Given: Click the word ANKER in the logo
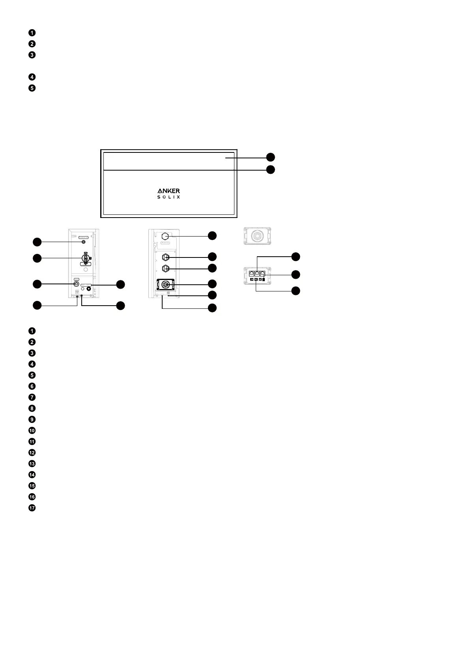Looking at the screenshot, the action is point(169,191).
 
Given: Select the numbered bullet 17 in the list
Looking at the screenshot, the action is point(32,508).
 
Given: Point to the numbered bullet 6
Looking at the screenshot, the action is point(32,386).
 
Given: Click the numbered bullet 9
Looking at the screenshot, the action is point(32,419).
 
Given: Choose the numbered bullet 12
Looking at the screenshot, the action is point(32,453).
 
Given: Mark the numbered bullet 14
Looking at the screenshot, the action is point(32,475).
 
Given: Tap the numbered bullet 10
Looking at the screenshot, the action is point(32,430).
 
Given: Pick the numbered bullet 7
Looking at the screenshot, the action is point(32,397).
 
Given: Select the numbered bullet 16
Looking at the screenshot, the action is point(32,497).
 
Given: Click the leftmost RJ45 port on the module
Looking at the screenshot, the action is point(252,273).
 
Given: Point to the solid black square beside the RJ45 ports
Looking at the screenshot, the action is point(264,279).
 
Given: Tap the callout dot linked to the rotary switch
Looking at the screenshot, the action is point(37,259).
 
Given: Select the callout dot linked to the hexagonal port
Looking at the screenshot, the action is point(212,236).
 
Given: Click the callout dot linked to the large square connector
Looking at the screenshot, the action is point(212,284).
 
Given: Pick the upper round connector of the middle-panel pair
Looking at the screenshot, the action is point(166,256).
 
